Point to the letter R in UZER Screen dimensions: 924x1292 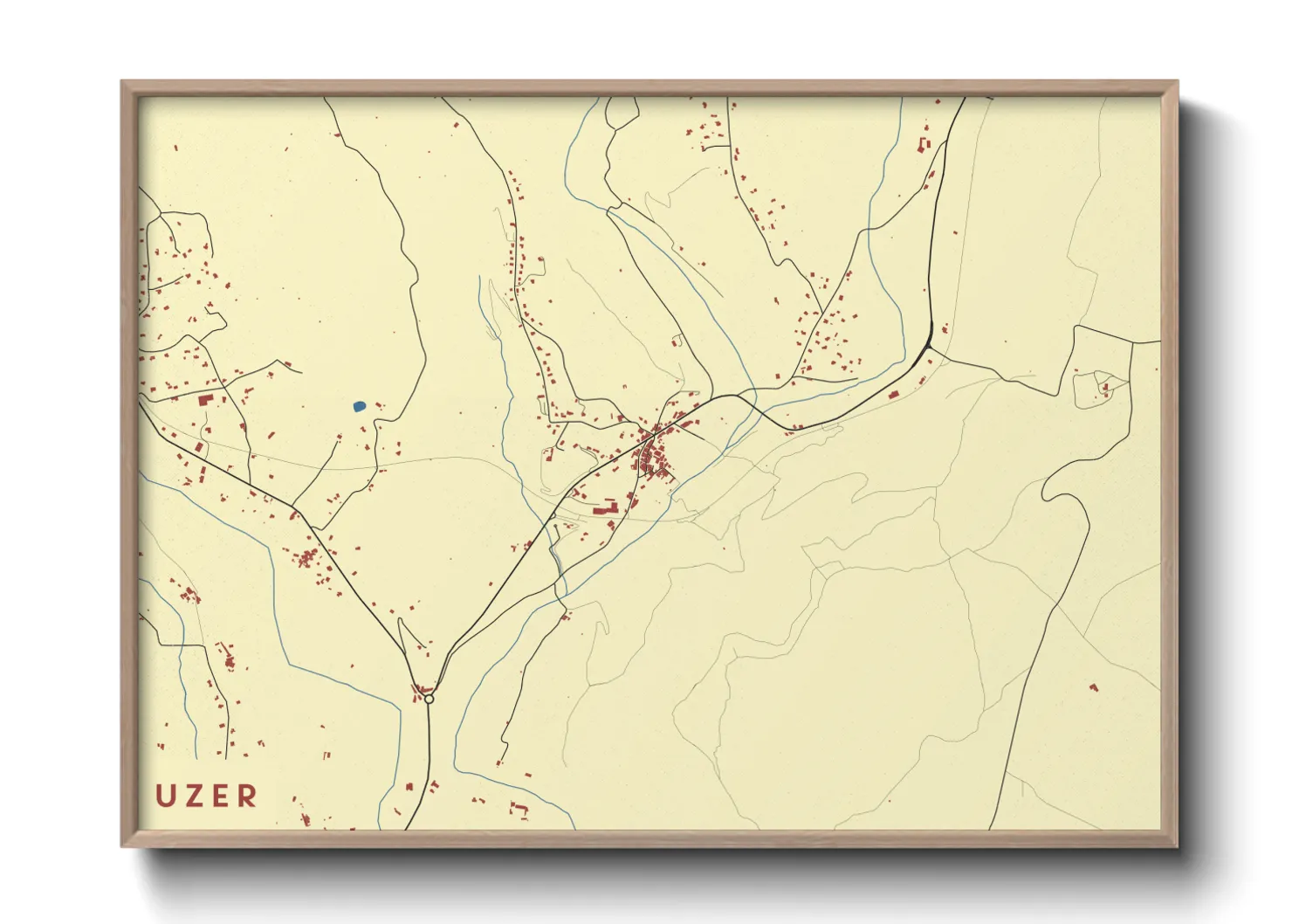coord(248,796)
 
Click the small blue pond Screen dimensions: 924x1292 coord(359,406)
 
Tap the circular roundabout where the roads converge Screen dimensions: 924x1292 coord(429,699)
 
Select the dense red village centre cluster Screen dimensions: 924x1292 coord(653,454)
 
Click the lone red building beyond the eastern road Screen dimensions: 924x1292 coord(1093,687)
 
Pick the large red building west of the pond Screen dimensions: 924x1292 coord(207,400)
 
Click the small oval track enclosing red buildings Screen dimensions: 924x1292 coord(1098,388)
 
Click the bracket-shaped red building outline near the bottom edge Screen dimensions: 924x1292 coord(519,809)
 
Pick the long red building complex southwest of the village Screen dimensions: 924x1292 coord(605,507)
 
